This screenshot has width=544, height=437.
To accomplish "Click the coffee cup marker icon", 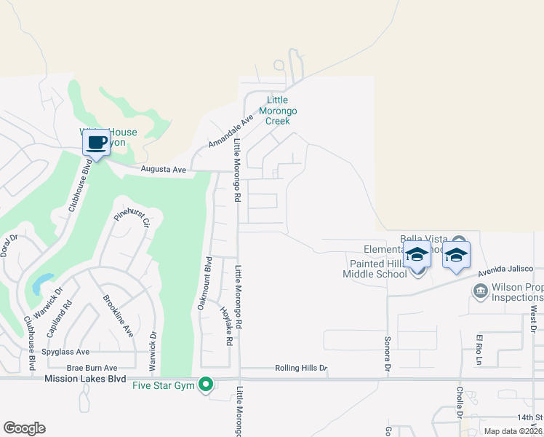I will tap(96, 142).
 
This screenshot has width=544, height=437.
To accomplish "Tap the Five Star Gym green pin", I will tap(206, 383).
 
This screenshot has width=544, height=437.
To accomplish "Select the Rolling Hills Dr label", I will tap(301, 369).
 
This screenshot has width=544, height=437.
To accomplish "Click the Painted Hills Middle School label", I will tap(377, 269).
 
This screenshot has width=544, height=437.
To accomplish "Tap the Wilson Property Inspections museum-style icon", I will tap(480, 292).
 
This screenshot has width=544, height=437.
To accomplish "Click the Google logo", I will tap(23, 428).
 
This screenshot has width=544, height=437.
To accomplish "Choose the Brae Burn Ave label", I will tap(92, 369).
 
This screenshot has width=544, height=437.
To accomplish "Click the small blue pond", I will tap(41, 282).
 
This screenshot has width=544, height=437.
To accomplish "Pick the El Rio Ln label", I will tap(479, 349).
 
